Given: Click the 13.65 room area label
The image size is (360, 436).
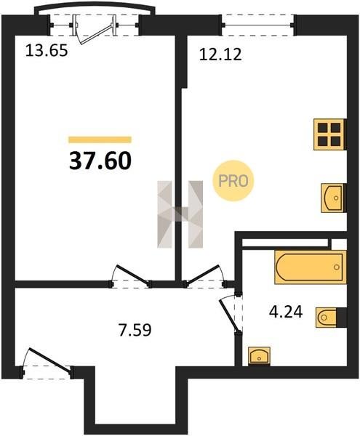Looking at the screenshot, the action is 47,51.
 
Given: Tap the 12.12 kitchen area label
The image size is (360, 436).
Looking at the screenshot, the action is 220,54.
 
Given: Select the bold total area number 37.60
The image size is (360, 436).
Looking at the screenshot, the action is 100,161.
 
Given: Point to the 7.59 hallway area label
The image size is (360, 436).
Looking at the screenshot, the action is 135,330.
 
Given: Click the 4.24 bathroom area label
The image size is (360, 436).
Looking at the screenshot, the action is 286,312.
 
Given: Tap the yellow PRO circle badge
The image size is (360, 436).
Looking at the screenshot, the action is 233,181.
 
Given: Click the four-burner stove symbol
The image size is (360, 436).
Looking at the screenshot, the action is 330,134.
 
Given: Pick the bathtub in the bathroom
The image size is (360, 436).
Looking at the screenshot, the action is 311,267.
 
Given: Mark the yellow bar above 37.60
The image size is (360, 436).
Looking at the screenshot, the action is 100,140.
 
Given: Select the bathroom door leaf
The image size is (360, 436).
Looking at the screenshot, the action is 230,316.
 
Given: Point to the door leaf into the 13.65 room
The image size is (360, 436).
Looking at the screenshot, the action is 133,275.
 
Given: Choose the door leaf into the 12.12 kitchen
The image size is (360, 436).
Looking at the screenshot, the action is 203,275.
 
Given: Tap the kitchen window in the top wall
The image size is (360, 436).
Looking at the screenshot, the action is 258,25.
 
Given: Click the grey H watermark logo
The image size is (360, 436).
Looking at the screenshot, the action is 180,214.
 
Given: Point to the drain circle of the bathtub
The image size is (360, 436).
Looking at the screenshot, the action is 337,267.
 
